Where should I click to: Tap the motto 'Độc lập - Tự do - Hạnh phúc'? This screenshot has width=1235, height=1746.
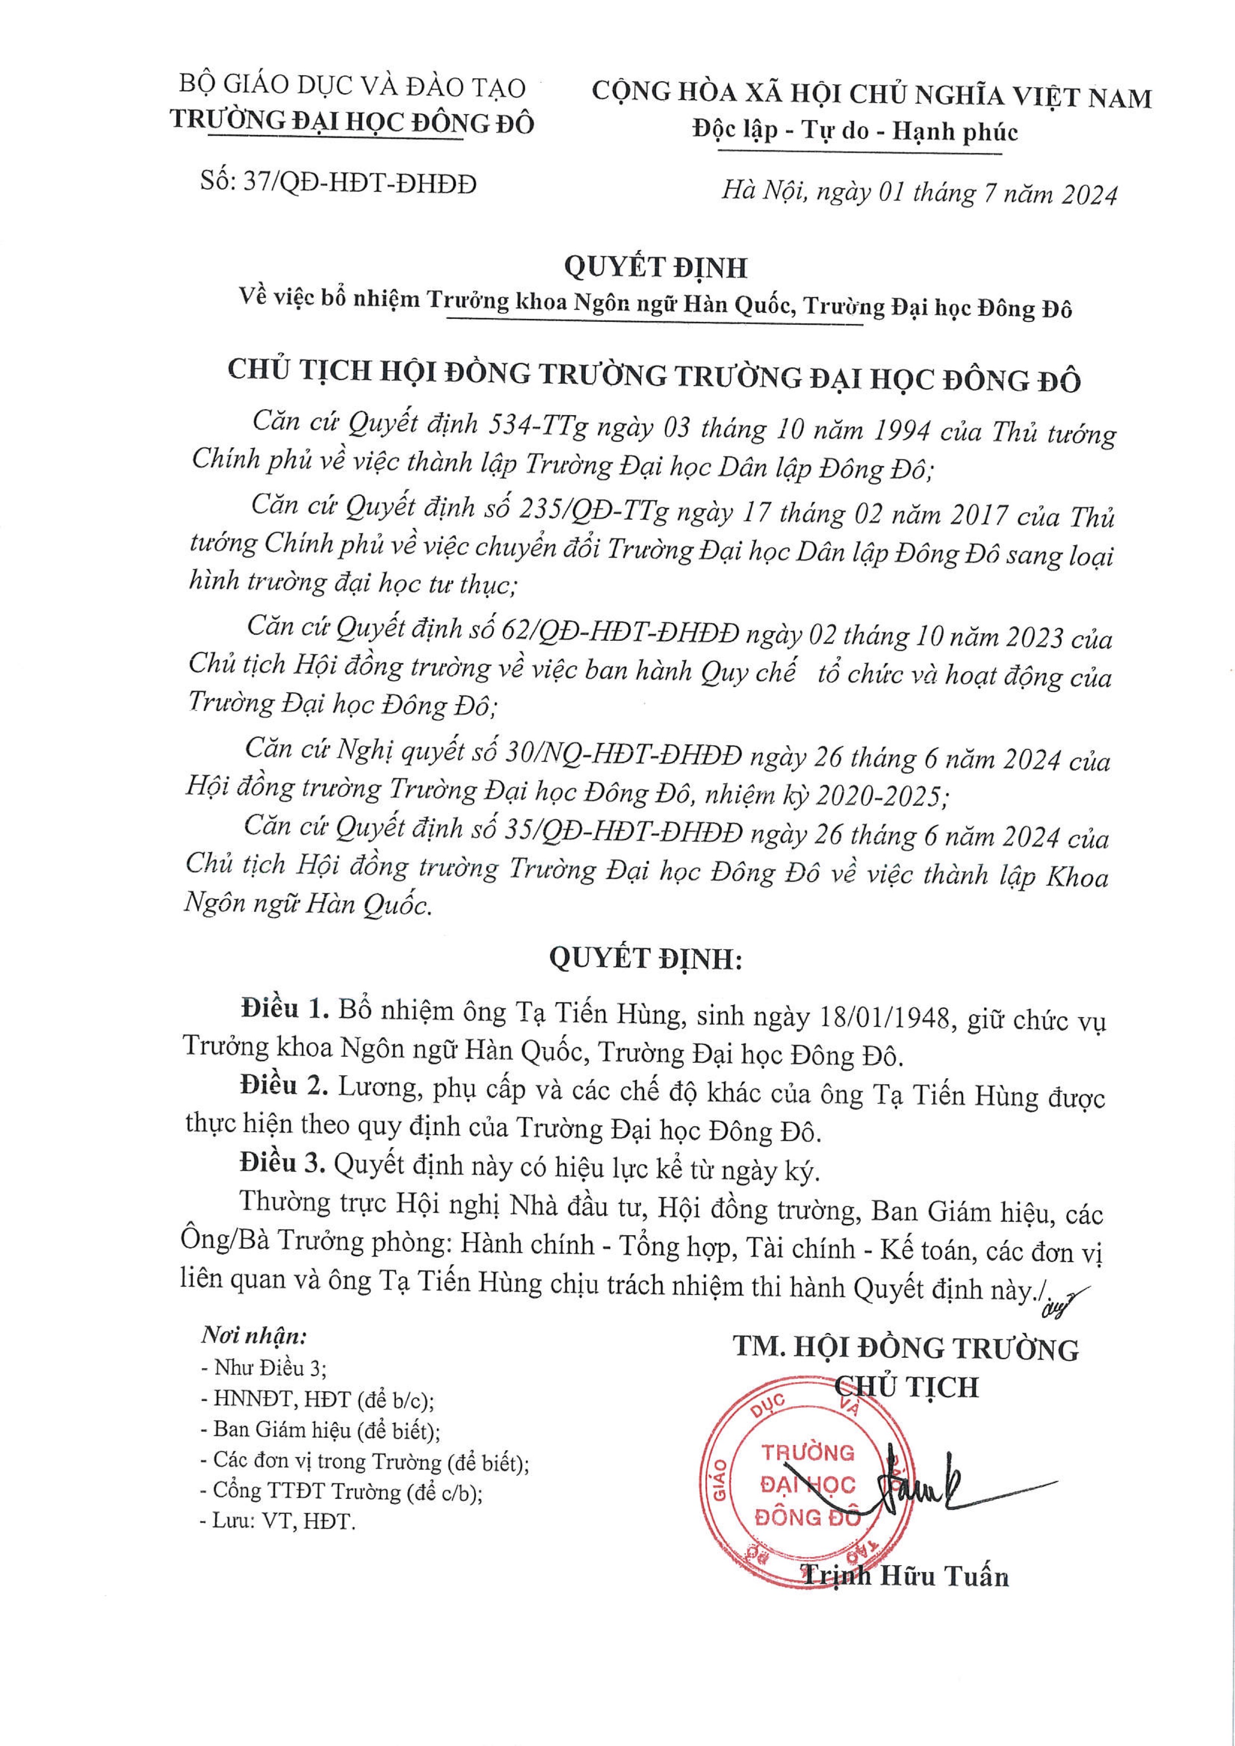855,132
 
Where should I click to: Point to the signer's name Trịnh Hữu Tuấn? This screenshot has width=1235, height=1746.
905,1576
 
